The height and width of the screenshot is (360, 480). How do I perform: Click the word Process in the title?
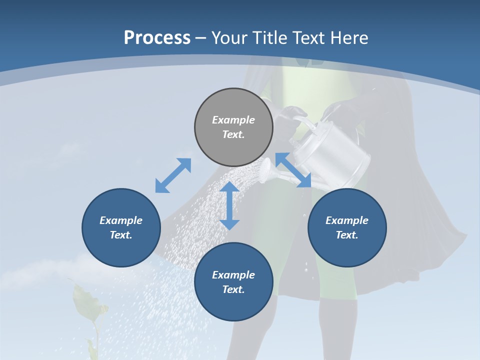pos(157,38)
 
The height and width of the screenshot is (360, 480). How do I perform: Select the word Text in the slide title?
pos(309,38)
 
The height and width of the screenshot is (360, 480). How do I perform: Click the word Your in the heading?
pos(231,38)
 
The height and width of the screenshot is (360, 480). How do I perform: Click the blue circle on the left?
pos(121,227)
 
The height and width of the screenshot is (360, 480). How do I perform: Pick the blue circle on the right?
pos(347,227)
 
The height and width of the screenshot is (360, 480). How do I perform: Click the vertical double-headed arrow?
pos(229,205)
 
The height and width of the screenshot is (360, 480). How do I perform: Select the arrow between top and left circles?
pos(173,175)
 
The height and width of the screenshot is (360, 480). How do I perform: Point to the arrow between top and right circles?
pos(293,170)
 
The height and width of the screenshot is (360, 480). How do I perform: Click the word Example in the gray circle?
pos(233,120)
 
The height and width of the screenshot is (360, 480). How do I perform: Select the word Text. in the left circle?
pos(121,235)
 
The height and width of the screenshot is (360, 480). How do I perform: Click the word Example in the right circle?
pos(347,220)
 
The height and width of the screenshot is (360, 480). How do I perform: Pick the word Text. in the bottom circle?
pos(233,289)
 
